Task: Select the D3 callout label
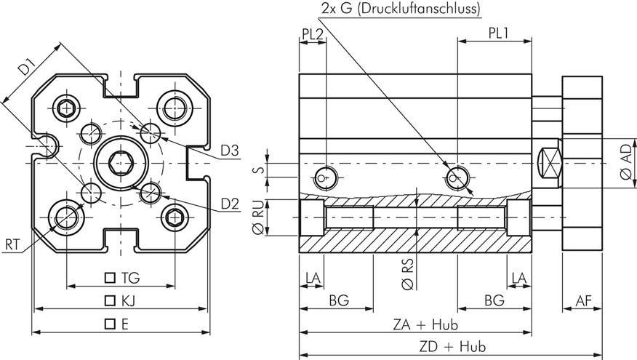[231, 151]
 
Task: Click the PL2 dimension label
[312, 33]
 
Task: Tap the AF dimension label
[582, 300]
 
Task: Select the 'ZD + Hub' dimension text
[451, 347]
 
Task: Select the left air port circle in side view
[324, 175]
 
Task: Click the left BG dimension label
[338, 300]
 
